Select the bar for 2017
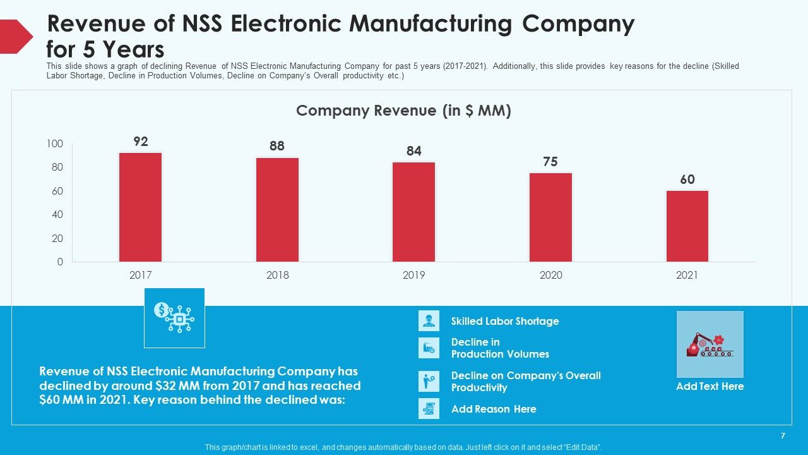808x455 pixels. [140, 207]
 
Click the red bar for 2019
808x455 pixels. [413, 212]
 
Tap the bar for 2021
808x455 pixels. [687, 226]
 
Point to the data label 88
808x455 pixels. [277, 146]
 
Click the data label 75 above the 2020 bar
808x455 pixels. [550, 161]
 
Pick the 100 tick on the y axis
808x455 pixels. [55, 143]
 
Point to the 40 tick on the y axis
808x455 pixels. [57, 214]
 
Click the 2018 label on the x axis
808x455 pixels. [277, 275]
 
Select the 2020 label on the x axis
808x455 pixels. [551, 275]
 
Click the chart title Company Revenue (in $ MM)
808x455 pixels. [403, 111]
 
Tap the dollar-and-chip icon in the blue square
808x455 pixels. [174, 317]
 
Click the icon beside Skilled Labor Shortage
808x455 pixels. [429, 320]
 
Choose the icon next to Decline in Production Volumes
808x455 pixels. [429, 348]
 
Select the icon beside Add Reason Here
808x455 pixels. [429, 408]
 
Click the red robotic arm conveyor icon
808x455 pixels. [710, 345]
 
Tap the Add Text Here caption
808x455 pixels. [710, 386]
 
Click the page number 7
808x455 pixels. [783, 436]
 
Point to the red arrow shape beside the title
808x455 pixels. [16, 37]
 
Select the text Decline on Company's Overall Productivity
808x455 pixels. [526, 381]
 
